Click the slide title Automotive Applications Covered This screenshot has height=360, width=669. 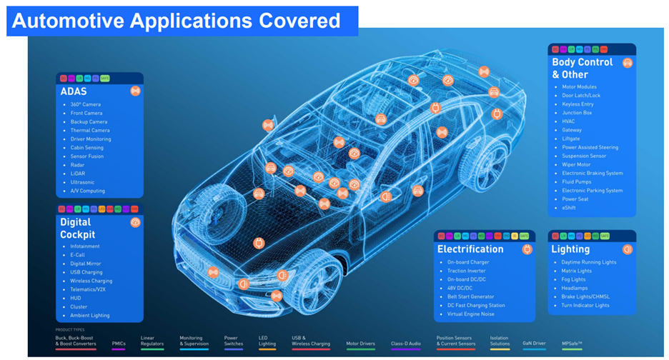coord(176,21)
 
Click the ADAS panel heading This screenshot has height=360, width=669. coord(74,91)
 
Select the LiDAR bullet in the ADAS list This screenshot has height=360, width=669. coord(77,174)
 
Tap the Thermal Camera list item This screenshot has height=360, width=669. coord(90,130)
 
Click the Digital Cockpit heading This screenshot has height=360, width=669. coord(78,228)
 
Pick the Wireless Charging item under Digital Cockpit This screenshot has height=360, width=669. coord(91,281)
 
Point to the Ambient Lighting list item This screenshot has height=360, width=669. coord(89,315)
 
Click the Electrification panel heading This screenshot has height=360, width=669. coord(470,249)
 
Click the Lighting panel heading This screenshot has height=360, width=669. coord(570,249)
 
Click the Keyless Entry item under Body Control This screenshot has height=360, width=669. coord(578,104)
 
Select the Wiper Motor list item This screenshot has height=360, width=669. coord(577,164)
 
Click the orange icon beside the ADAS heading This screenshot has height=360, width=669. coord(135,91)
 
